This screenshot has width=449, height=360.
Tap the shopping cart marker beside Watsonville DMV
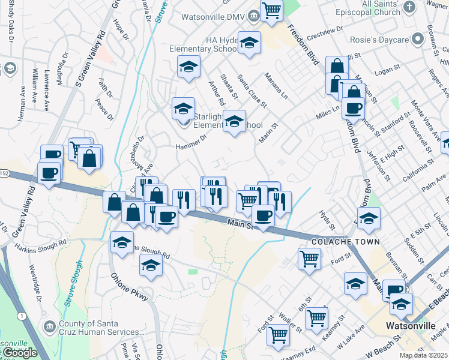click(x=272, y=10)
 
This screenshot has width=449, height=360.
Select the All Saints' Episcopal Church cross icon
click(x=409, y=7)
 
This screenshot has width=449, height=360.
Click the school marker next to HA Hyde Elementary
click(x=249, y=43)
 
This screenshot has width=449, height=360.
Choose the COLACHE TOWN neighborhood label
click(x=345, y=242)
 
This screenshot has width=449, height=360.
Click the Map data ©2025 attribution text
click(x=423, y=355)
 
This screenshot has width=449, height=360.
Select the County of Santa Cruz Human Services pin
click(x=49, y=325)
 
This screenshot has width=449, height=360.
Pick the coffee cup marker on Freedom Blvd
click(x=353, y=108)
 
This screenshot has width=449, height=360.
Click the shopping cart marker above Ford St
click(x=309, y=259)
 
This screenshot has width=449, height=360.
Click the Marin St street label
click(x=268, y=133)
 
